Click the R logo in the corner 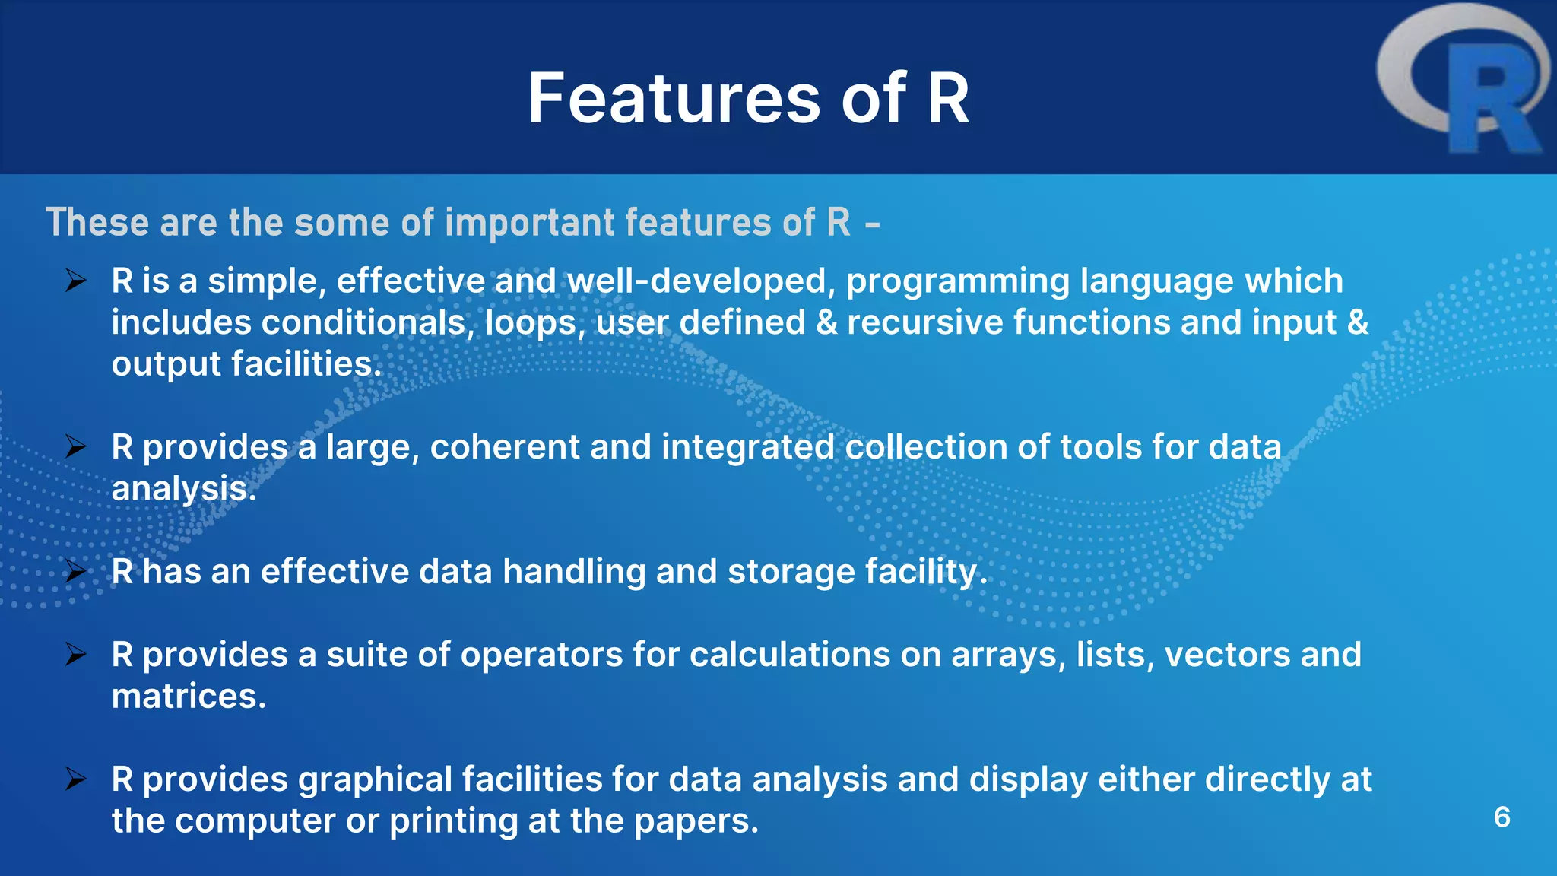coord(1463,80)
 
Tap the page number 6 coord(1502,817)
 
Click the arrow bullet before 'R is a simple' coord(76,281)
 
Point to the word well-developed coord(696,281)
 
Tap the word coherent coord(505,447)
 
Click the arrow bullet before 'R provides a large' coord(76,446)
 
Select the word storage coord(791,572)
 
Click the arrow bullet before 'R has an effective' coord(76,571)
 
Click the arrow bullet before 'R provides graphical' coord(76,779)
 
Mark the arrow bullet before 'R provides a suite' coord(76,654)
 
